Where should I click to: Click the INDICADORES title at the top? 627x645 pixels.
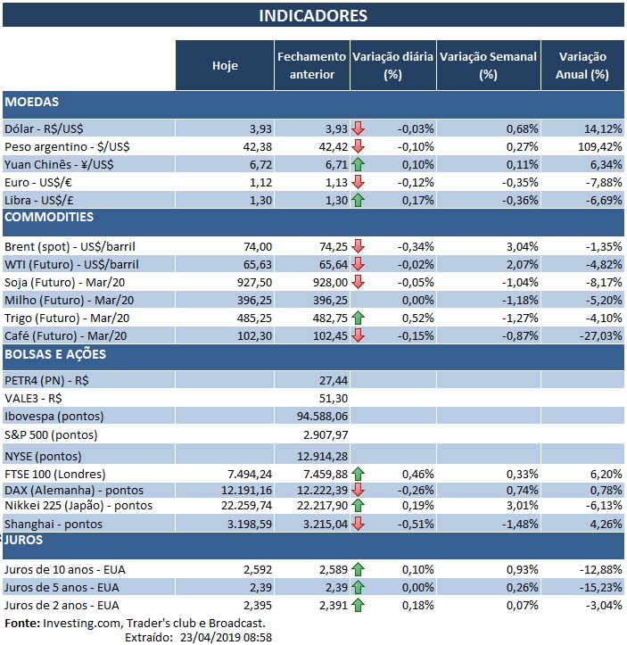[x=312, y=16]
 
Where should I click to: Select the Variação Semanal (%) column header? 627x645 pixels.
[x=488, y=65]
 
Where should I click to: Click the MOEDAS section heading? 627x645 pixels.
[x=33, y=103]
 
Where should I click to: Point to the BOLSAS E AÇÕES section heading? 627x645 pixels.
[x=55, y=354]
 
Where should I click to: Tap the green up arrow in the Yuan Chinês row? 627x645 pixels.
[x=359, y=164]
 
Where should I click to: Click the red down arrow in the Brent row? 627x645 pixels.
[x=359, y=245]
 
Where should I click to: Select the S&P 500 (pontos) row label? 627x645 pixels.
[x=52, y=434]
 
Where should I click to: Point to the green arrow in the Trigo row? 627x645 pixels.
[x=359, y=317]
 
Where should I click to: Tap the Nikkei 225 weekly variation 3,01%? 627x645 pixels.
[x=520, y=506]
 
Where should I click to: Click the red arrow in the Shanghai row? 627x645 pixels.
[x=359, y=524]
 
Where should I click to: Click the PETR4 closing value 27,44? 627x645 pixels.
[x=331, y=380]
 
